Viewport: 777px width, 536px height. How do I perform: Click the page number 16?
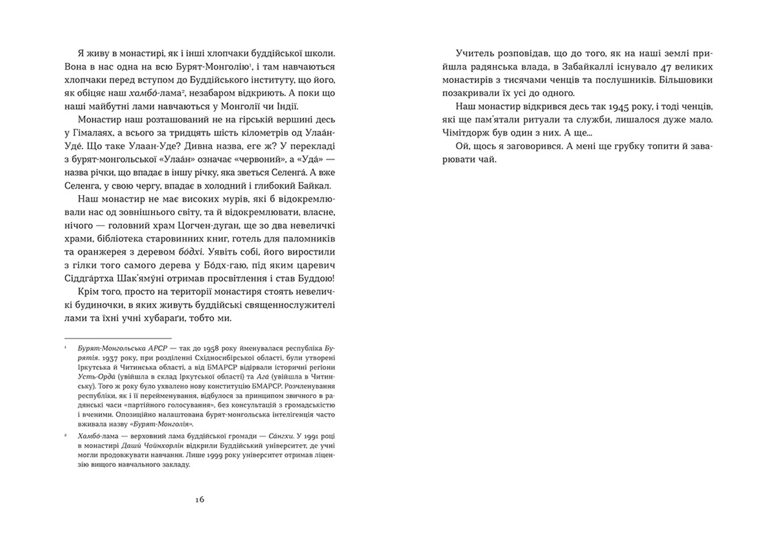200,500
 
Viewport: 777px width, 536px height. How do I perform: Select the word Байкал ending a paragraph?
316,186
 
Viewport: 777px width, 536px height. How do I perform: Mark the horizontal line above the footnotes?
118,338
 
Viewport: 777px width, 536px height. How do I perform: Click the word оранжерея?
101,252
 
